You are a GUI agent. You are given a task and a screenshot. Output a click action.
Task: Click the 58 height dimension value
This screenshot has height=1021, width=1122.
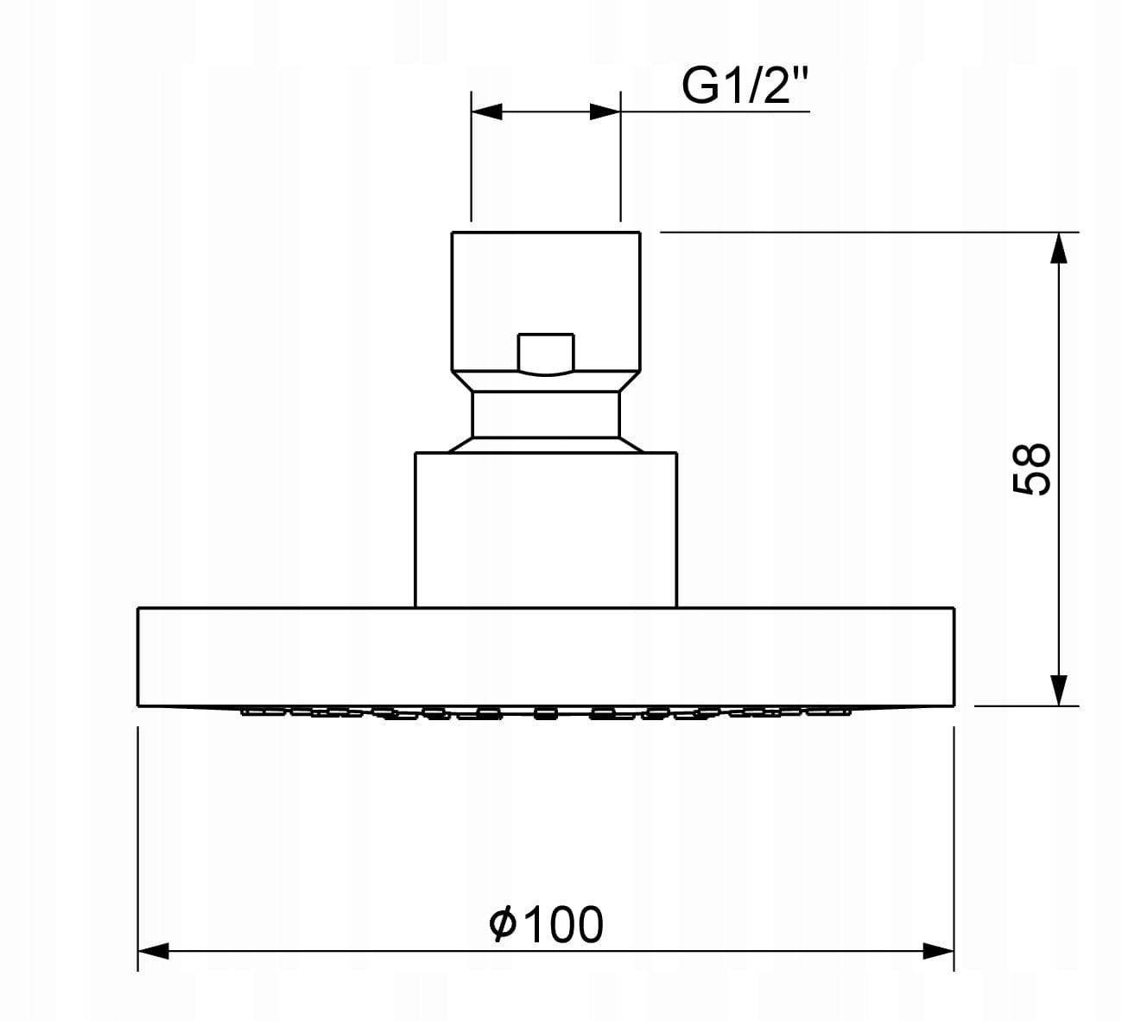(1032, 469)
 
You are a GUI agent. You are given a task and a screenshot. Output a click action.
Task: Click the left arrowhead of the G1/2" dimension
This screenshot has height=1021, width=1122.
(486, 112)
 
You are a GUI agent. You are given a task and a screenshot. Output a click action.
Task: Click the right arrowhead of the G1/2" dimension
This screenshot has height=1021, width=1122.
(605, 112)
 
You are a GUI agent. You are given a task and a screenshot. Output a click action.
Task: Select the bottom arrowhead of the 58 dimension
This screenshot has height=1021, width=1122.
(1059, 691)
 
